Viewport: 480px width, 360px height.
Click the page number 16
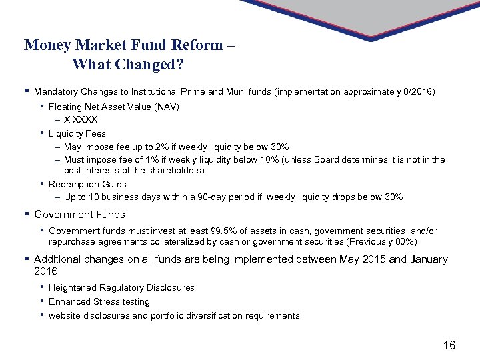click(x=449, y=345)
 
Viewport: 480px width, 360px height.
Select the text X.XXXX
click(x=81, y=120)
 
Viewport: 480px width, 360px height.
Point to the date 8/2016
click(x=418, y=91)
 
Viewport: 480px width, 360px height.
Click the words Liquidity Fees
click(x=77, y=133)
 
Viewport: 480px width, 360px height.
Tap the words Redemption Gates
click(x=87, y=184)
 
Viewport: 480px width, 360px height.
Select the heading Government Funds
click(x=79, y=215)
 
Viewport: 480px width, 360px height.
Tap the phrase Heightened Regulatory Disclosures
click(x=121, y=288)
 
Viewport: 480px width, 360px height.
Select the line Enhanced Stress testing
click(x=99, y=302)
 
